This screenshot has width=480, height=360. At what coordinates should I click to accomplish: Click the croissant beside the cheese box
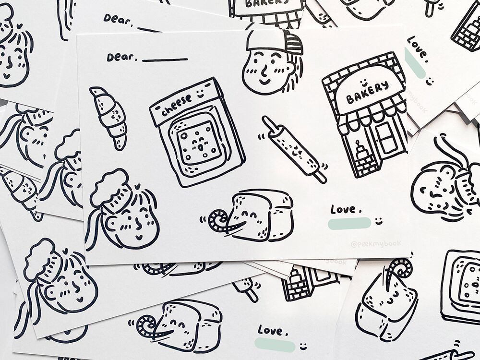pos(110,117)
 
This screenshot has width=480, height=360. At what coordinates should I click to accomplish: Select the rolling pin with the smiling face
pos(293,149)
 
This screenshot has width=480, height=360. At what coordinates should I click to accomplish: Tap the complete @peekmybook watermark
pos(375,244)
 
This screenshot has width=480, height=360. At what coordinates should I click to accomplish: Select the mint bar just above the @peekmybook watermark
pos(349,223)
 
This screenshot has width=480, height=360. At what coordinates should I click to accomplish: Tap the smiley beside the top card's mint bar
pos(379,221)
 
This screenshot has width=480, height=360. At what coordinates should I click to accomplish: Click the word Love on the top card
pos(343,209)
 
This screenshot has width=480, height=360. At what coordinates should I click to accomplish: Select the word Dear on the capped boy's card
pos(121,57)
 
